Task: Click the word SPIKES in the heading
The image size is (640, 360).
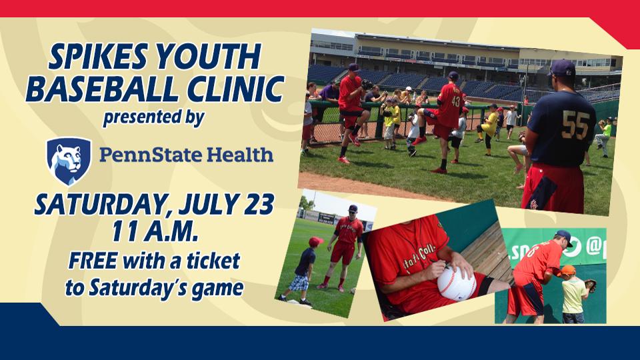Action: click(99, 56)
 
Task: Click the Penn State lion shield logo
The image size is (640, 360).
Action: click(69, 161)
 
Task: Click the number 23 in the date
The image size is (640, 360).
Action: click(259, 204)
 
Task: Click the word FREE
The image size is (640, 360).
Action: click(93, 261)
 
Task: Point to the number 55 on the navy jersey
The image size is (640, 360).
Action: click(575, 125)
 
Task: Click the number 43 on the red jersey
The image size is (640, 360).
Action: click(455, 101)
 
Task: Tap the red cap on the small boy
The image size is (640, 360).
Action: click(315, 241)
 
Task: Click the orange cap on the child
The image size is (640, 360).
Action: click(567, 270)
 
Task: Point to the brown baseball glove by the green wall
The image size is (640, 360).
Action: click(590, 286)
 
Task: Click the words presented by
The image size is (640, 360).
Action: click(153, 119)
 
